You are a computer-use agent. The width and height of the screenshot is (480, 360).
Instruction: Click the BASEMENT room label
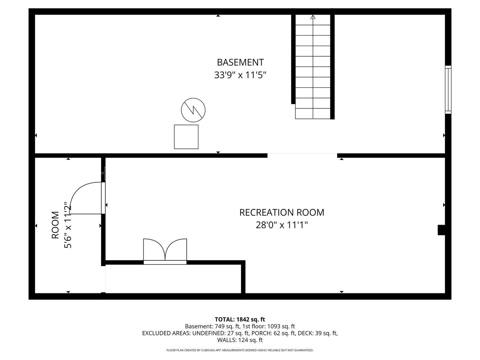[x=240, y=62]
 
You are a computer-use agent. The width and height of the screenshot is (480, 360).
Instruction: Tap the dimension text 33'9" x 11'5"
[x=240, y=75]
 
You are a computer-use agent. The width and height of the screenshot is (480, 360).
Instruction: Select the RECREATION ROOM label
[x=282, y=212]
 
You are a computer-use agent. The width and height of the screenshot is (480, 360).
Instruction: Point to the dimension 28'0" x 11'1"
[x=282, y=225]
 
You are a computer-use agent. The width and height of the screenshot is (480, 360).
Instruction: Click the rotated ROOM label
[x=55, y=225]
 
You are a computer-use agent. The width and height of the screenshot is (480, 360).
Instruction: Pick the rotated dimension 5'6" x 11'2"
[x=68, y=225]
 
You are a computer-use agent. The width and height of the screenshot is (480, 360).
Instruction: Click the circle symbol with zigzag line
[x=193, y=110]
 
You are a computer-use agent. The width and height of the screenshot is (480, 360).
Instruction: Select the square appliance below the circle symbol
[x=186, y=137]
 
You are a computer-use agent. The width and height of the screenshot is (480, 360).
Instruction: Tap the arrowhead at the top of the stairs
[x=313, y=17]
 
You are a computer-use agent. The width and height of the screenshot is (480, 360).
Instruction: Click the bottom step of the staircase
[x=313, y=114]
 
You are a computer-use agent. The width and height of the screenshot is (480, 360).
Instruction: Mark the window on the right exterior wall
[x=448, y=89]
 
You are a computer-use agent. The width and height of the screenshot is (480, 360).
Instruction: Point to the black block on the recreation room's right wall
[x=441, y=230]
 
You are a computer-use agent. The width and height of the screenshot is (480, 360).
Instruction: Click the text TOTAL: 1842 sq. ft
[x=240, y=319]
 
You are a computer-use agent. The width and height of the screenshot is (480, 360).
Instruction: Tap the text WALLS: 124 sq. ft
[x=240, y=340]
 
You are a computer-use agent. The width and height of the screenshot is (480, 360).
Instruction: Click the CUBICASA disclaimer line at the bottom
[x=240, y=350]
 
